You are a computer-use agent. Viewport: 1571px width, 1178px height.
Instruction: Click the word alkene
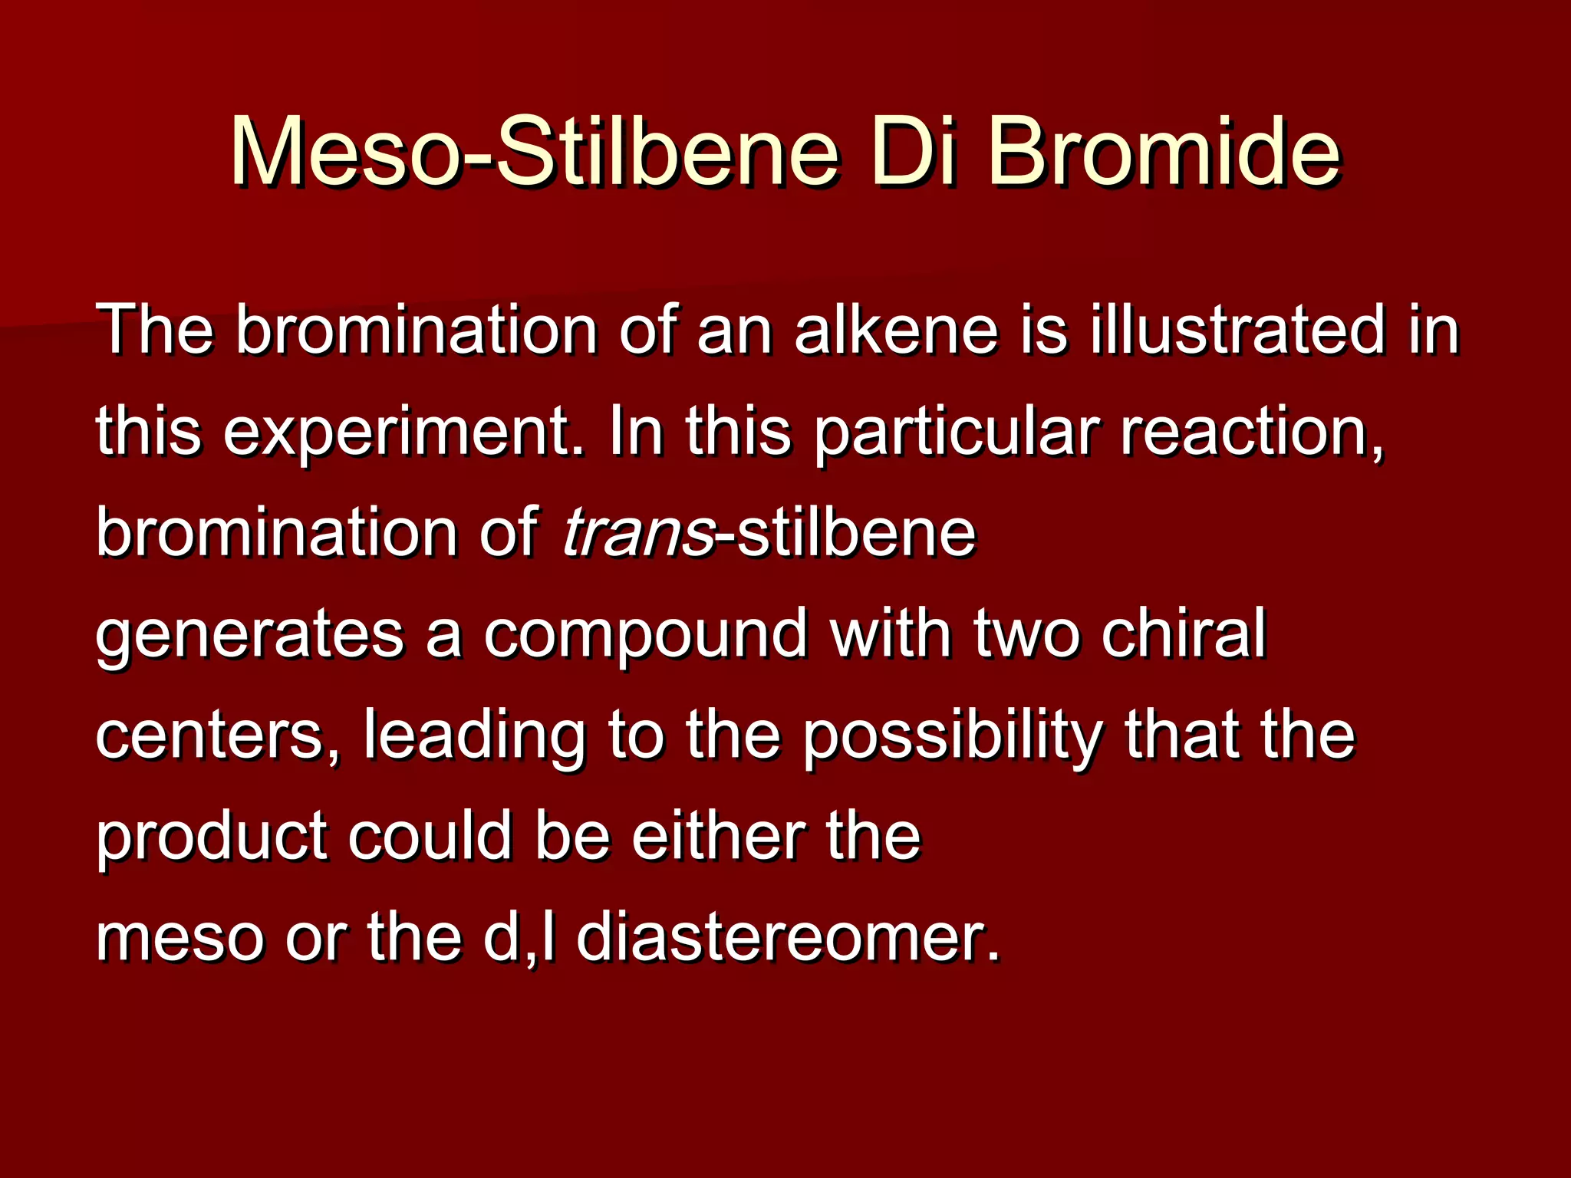(896, 330)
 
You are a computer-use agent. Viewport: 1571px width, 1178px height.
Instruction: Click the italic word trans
(638, 533)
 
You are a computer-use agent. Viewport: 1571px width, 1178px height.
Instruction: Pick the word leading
(474, 736)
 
